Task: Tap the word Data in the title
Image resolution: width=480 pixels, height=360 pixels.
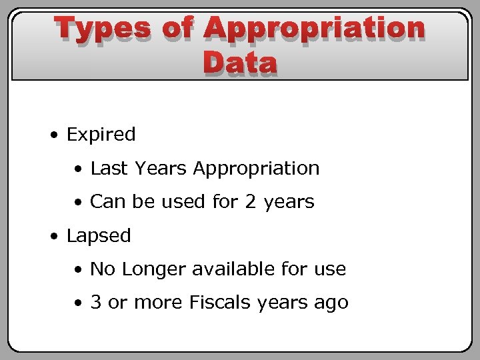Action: click(x=240, y=63)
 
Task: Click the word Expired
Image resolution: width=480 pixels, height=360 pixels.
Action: click(x=101, y=135)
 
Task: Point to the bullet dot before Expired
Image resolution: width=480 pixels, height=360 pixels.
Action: click(x=53, y=135)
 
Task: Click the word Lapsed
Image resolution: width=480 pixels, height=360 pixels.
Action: click(x=99, y=236)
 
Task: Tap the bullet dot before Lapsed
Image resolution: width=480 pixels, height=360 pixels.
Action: click(x=53, y=237)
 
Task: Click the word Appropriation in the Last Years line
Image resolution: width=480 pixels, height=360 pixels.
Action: click(x=256, y=169)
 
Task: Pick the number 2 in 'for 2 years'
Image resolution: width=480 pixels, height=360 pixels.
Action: click(x=251, y=202)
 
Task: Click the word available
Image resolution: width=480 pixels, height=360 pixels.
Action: click(x=225, y=269)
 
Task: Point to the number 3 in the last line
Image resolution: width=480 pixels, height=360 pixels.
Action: click(x=96, y=303)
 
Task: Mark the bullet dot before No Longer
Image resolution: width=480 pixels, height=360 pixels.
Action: click(x=79, y=270)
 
